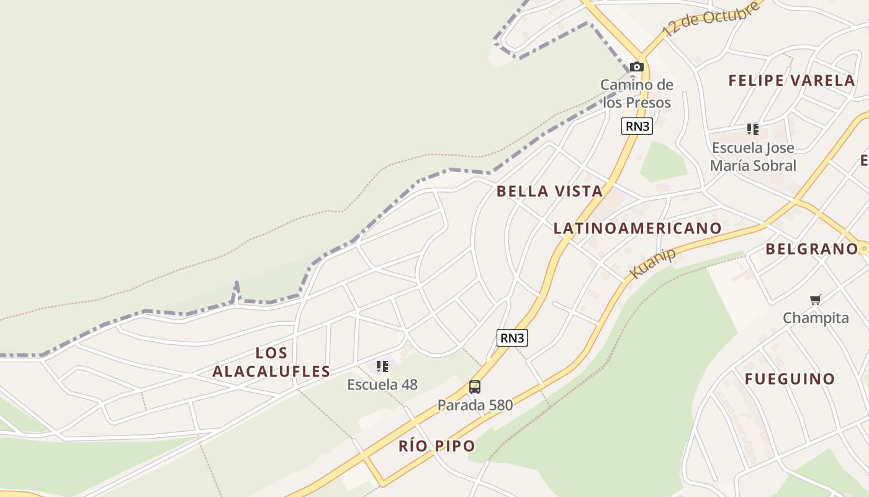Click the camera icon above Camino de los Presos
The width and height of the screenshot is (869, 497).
[x=636, y=67]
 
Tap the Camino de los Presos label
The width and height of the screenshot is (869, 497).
[x=637, y=93]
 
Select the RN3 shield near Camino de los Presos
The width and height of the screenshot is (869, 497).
[x=637, y=126]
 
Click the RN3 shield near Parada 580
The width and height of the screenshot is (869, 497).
[x=512, y=338]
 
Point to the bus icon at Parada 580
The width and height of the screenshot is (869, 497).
[x=475, y=387]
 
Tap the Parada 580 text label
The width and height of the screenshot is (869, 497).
[x=475, y=405]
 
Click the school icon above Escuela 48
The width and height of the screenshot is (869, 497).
[x=382, y=367]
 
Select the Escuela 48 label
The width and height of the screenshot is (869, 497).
[x=382, y=385]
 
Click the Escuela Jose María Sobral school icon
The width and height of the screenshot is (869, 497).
[x=753, y=129]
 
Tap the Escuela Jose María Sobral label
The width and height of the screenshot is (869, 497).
[x=753, y=157]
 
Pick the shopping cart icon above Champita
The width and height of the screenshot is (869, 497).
[x=816, y=300]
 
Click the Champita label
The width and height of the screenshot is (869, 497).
[x=816, y=318]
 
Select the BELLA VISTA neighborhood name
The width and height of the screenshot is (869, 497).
[x=549, y=191]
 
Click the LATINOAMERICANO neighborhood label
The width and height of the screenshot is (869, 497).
[x=637, y=229]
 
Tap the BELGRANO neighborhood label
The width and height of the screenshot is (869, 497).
[x=811, y=249]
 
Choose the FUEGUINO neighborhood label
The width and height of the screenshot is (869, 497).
[x=790, y=379]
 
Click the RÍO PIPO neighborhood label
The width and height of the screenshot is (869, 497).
[x=436, y=446]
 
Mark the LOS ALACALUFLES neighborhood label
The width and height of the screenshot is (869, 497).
[x=271, y=362]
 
